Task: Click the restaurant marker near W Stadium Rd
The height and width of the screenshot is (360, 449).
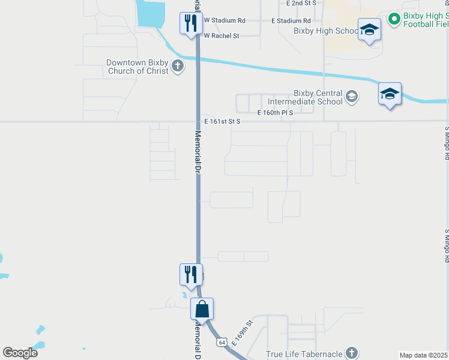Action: coord(191,24)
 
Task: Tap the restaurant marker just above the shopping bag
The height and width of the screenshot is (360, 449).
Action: coord(191,275)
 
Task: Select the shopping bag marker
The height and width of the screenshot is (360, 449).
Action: coord(202,310)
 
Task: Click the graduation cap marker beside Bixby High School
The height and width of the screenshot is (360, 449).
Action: coord(369,30)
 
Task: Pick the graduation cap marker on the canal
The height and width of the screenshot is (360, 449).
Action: coord(390,94)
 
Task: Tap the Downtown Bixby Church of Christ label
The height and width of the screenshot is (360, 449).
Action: coord(137,67)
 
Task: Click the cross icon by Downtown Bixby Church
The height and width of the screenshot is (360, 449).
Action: coord(177,67)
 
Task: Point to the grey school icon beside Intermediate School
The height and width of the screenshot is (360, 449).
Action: coord(352,97)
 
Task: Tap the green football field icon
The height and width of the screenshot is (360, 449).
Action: coord(394,19)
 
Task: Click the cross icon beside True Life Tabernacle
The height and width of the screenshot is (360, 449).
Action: coord(352,353)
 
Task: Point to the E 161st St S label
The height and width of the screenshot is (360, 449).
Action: coord(222,121)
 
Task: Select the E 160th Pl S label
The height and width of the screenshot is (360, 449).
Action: coord(275,113)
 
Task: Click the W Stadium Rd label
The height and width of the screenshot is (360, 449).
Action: coord(224,20)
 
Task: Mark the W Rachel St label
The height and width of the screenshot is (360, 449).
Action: coord(221,36)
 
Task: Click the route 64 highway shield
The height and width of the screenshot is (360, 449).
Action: coord(221,341)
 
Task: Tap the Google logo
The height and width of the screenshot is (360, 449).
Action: coord(20,352)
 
